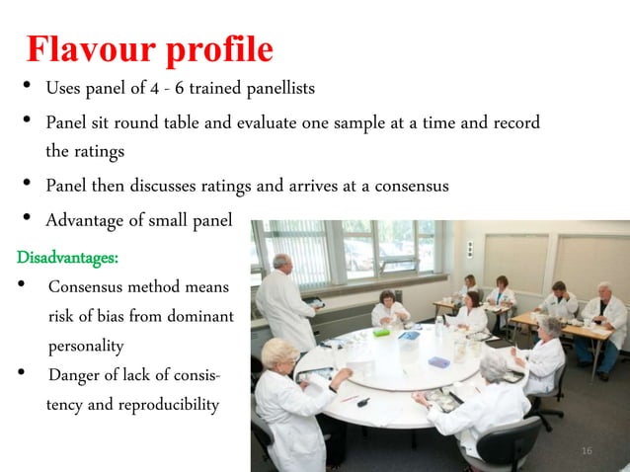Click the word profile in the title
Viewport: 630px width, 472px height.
coord(217,49)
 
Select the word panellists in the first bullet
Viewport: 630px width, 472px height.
coord(277,89)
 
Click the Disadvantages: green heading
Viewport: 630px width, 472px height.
coord(67,258)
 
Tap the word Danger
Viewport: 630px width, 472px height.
coord(75,375)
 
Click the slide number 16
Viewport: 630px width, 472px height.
coord(587,451)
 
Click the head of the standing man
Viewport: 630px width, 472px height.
coord(281,264)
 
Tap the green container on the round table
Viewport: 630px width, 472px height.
coord(381,333)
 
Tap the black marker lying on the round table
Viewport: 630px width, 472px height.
coord(362,402)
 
